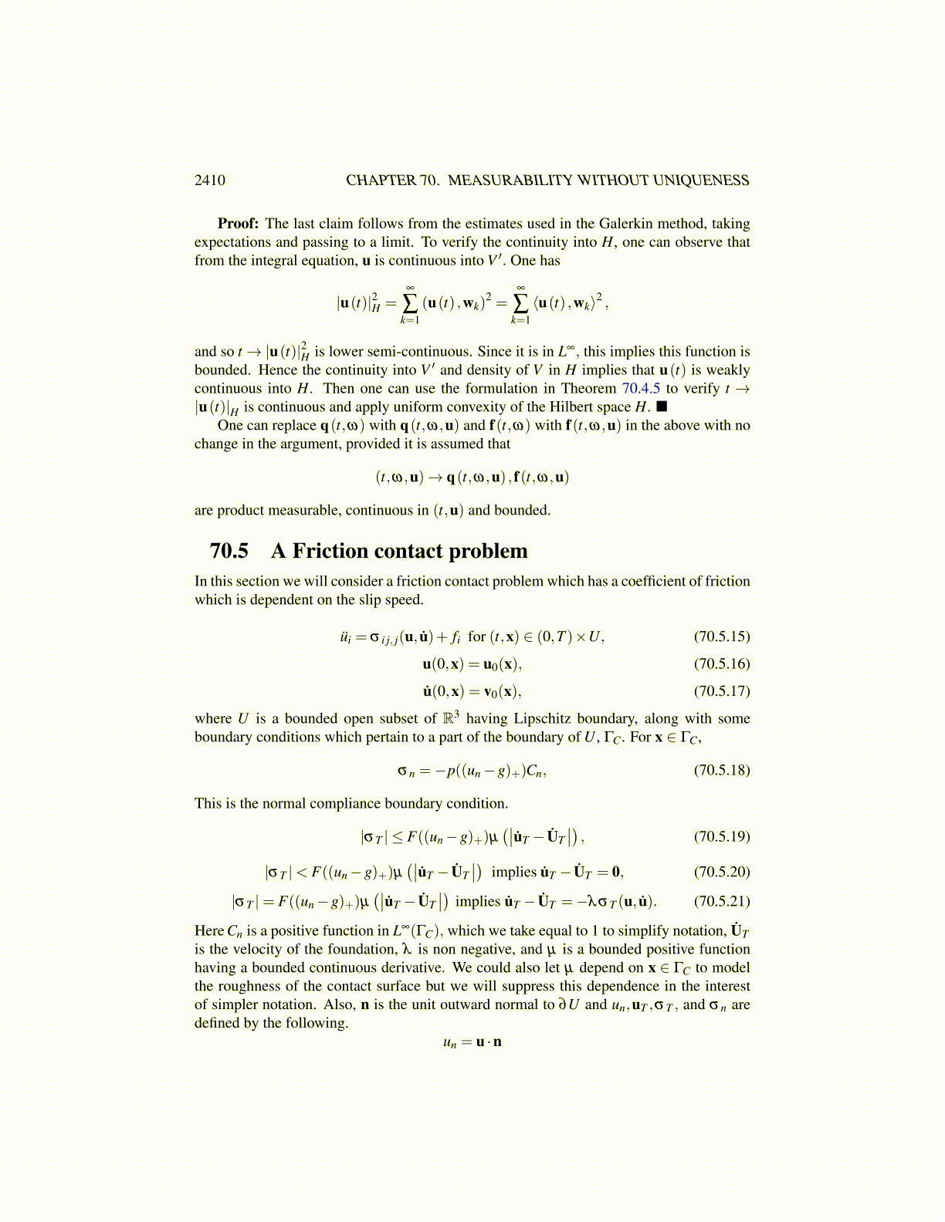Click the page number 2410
click(210, 181)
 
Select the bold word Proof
click(238, 224)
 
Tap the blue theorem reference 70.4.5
click(641, 389)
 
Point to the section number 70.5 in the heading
click(229, 551)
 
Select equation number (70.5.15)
click(722, 636)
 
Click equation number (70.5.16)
click(722, 663)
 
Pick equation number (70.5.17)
click(722, 690)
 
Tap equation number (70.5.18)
click(722, 770)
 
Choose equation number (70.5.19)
click(722, 836)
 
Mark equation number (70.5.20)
click(722, 872)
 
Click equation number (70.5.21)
click(722, 901)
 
